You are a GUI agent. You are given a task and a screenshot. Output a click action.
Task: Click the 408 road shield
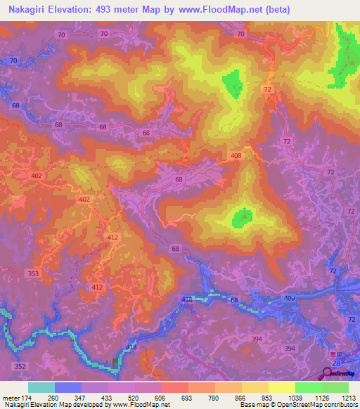[236, 155]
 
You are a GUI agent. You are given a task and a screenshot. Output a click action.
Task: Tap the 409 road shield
[290, 299]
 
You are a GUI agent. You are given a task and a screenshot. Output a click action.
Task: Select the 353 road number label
[33, 273]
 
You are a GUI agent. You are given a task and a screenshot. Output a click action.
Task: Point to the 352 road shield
[20, 366]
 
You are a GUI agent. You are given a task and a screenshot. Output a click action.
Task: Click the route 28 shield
[337, 362]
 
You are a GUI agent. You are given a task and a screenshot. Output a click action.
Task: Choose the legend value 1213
[341, 397]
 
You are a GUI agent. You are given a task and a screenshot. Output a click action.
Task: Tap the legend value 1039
[295, 397]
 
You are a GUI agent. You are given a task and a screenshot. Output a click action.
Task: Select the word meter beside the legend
[11, 397]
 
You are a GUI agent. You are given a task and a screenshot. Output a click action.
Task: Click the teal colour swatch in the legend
[41, 387]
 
